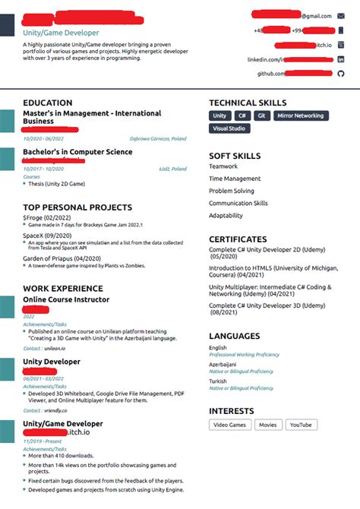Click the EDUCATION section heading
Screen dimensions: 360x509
click(x=48, y=103)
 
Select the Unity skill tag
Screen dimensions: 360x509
click(x=219, y=116)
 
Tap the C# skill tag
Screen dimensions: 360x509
click(x=242, y=116)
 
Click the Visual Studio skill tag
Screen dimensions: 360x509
click(x=229, y=129)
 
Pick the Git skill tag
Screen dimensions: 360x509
click(x=261, y=116)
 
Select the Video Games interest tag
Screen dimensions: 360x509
click(x=229, y=425)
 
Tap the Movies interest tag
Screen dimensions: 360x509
click(x=268, y=425)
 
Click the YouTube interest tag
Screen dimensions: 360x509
click(x=300, y=425)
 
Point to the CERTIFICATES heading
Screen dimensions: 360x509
click(x=238, y=239)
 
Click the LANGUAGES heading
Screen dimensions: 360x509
click(x=235, y=335)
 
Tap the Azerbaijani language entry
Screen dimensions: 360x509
click(x=223, y=365)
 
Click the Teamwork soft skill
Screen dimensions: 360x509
click(x=223, y=166)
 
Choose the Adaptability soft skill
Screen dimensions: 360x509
click(x=226, y=216)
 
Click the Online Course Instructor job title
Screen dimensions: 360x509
click(x=66, y=299)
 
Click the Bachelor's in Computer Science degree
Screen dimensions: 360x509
click(x=77, y=153)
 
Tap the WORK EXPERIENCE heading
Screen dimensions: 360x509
click(x=63, y=289)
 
